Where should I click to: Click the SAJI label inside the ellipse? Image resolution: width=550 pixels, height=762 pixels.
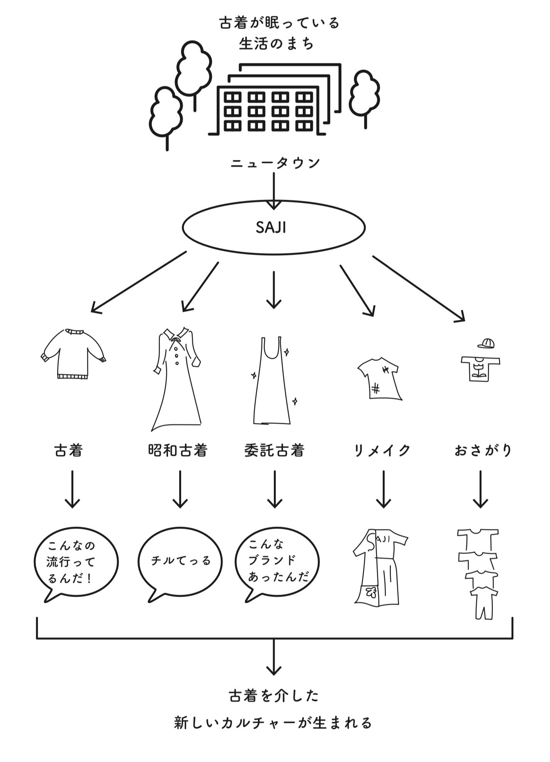[x=271, y=228]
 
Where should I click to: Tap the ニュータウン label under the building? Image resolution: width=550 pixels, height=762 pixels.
[x=275, y=163]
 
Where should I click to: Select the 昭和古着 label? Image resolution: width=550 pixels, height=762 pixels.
[x=178, y=451]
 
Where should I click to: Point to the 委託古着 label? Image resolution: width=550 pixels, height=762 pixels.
[x=274, y=451]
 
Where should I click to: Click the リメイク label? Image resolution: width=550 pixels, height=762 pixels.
[x=382, y=451]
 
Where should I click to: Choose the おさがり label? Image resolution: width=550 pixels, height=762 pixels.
[x=483, y=451]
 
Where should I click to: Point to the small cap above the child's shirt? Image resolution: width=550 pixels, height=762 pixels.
[x=486, y=343]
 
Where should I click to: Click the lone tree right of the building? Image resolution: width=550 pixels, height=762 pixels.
[x=365, y=95]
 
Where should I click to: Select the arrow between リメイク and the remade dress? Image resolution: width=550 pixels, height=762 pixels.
[x=383, y=489]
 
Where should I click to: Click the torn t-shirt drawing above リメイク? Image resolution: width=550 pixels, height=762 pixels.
[x=379, y=379]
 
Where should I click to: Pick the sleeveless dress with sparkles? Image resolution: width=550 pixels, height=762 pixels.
[x=272, y=381]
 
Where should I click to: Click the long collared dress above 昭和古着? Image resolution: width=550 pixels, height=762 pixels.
[x=177, y=379]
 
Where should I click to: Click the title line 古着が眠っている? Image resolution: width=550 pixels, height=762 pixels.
[x=279, y=23]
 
